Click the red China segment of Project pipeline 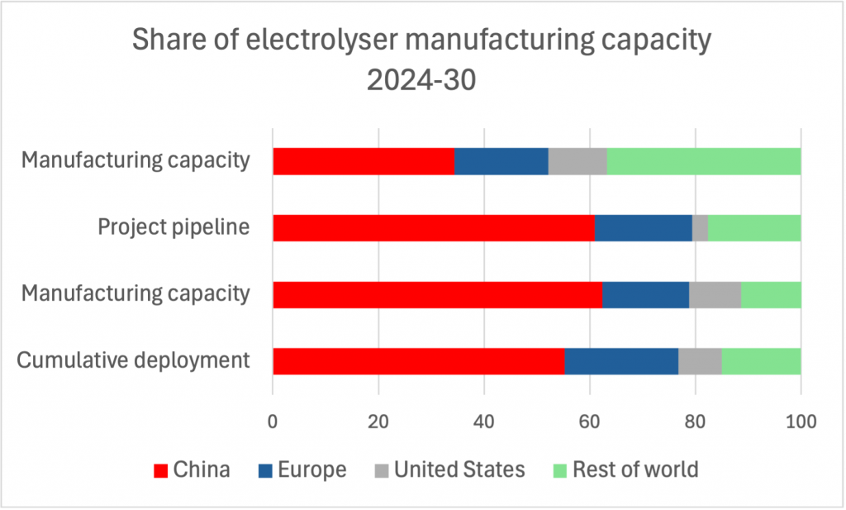pyautogui.click(x=433, y=227)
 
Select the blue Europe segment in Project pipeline pyautogui.click(x=643, y=227)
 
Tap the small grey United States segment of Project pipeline pyautogui.click(x=700, y=227)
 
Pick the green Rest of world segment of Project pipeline pyautogui.click(x=754, y=227)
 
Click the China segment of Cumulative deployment pyautogui.click(x=418, y=360)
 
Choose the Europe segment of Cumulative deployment pyautogui.click(x=621, y=360)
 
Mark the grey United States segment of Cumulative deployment pyautogui.click(x=700, y=360)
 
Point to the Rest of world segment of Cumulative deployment pyautogui.click(x=762, y=360)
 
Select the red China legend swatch pyautogui.click(x=161, y=470)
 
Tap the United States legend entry pyautogui.click(x=459, y=470)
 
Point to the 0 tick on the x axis pyautogui.click(x=273, y=421)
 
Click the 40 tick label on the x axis pyautogui.click(x=484, y=421)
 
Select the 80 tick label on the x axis pyautogui.click(x=696, y=421)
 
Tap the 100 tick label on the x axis pyautogui.click(x=801, y=421)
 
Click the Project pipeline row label pyautogui.click(x=173, y=226)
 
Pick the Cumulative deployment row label pyautogui.click(x=134, y=360)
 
